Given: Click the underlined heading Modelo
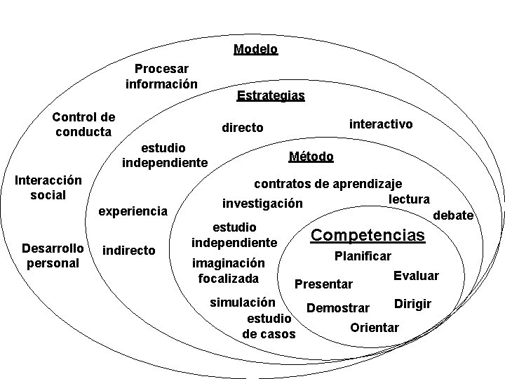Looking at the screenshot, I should (255, 49).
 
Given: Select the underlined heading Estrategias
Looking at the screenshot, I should (271, 95).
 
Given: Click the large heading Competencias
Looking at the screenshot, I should (368, 235).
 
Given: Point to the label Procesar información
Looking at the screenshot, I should (161, 77).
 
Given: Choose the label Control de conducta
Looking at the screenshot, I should (83, 124).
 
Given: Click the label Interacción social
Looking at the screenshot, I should (48, 187).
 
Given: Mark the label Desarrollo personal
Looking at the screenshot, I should (53, 256).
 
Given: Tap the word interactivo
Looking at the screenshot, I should (381, 124).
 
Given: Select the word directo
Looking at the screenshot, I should (243, 128).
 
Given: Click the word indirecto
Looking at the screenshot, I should (129, 250).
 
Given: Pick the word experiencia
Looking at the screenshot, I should (133, 211).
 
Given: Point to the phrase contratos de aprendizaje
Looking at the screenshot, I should (328, 184).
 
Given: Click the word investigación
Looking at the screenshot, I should (262, 204).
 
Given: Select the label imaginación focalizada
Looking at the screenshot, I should (228, 271).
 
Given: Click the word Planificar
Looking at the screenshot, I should (363, 256).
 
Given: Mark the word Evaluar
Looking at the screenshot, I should (416, 275).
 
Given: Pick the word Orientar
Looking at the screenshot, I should (374, 327).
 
